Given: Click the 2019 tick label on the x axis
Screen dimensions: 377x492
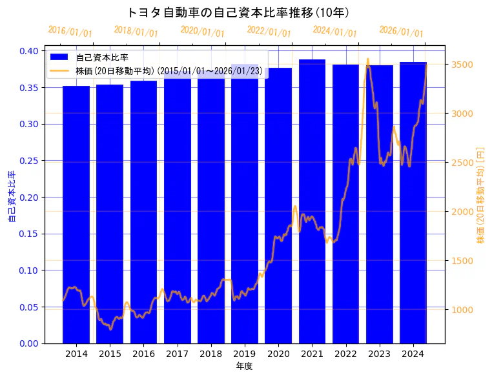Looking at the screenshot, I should (245, 354).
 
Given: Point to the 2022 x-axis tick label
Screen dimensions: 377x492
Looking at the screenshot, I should (345, 354).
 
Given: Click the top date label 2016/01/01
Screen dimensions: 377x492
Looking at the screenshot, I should (70, 31).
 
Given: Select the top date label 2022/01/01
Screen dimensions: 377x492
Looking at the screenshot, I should (269, 31).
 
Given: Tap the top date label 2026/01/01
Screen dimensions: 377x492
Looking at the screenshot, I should (401, 31).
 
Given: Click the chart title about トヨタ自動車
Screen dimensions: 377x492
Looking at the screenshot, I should (239, 12).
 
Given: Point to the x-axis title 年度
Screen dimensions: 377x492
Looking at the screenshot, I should (244, 366).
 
